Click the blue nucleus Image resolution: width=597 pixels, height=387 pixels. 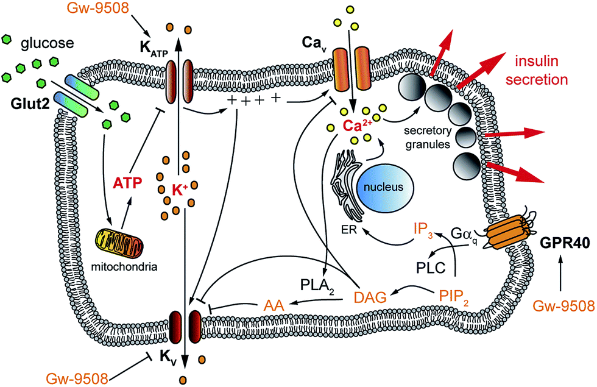[384, 188]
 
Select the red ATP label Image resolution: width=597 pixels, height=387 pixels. [127, 183]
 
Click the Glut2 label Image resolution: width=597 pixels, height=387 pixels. [30, 104]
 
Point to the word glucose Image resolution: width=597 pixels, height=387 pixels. [48, 43]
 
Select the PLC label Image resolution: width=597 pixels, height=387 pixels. [430, 268]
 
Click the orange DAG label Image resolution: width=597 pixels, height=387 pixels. [370, 297]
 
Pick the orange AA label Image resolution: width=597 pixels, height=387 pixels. [274, 305]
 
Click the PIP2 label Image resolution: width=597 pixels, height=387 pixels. [453, 297]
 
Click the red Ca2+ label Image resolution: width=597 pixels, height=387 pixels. [357, 126]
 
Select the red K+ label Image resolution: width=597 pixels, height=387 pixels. [179, 190]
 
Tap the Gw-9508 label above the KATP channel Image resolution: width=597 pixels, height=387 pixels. [97, 8]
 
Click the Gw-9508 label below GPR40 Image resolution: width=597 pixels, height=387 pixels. [563, 306]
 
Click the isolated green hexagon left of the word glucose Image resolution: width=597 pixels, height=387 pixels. [7, 39]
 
